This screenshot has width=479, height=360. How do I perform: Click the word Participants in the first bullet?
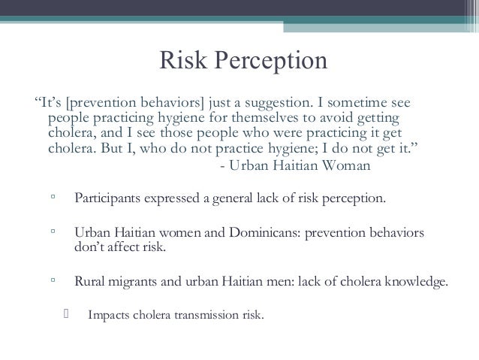107,200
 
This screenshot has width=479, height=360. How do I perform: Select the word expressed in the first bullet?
170,200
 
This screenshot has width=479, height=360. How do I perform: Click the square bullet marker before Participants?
53,200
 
